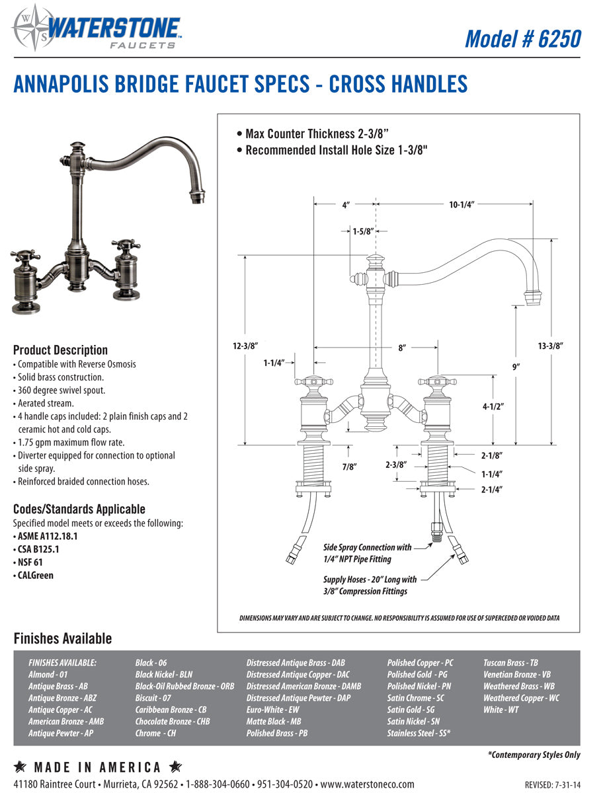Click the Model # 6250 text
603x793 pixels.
click(522, 38)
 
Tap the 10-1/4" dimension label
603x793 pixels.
click(462, 205)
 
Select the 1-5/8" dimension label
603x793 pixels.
click(363, 231)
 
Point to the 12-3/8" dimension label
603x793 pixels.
click(245, 346)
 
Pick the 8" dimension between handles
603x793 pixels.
click(401, 347)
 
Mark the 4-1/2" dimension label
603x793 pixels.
click(493, 407)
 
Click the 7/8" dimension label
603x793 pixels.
click(350, 467)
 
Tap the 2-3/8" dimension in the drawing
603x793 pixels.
click(395, 465)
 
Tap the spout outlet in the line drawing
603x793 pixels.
click(533, 297)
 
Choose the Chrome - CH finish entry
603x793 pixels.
click(155, 733)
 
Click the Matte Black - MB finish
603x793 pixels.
click(273, 721)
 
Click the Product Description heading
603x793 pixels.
click(60, 350)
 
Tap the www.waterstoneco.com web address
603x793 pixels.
click(368, 784)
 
